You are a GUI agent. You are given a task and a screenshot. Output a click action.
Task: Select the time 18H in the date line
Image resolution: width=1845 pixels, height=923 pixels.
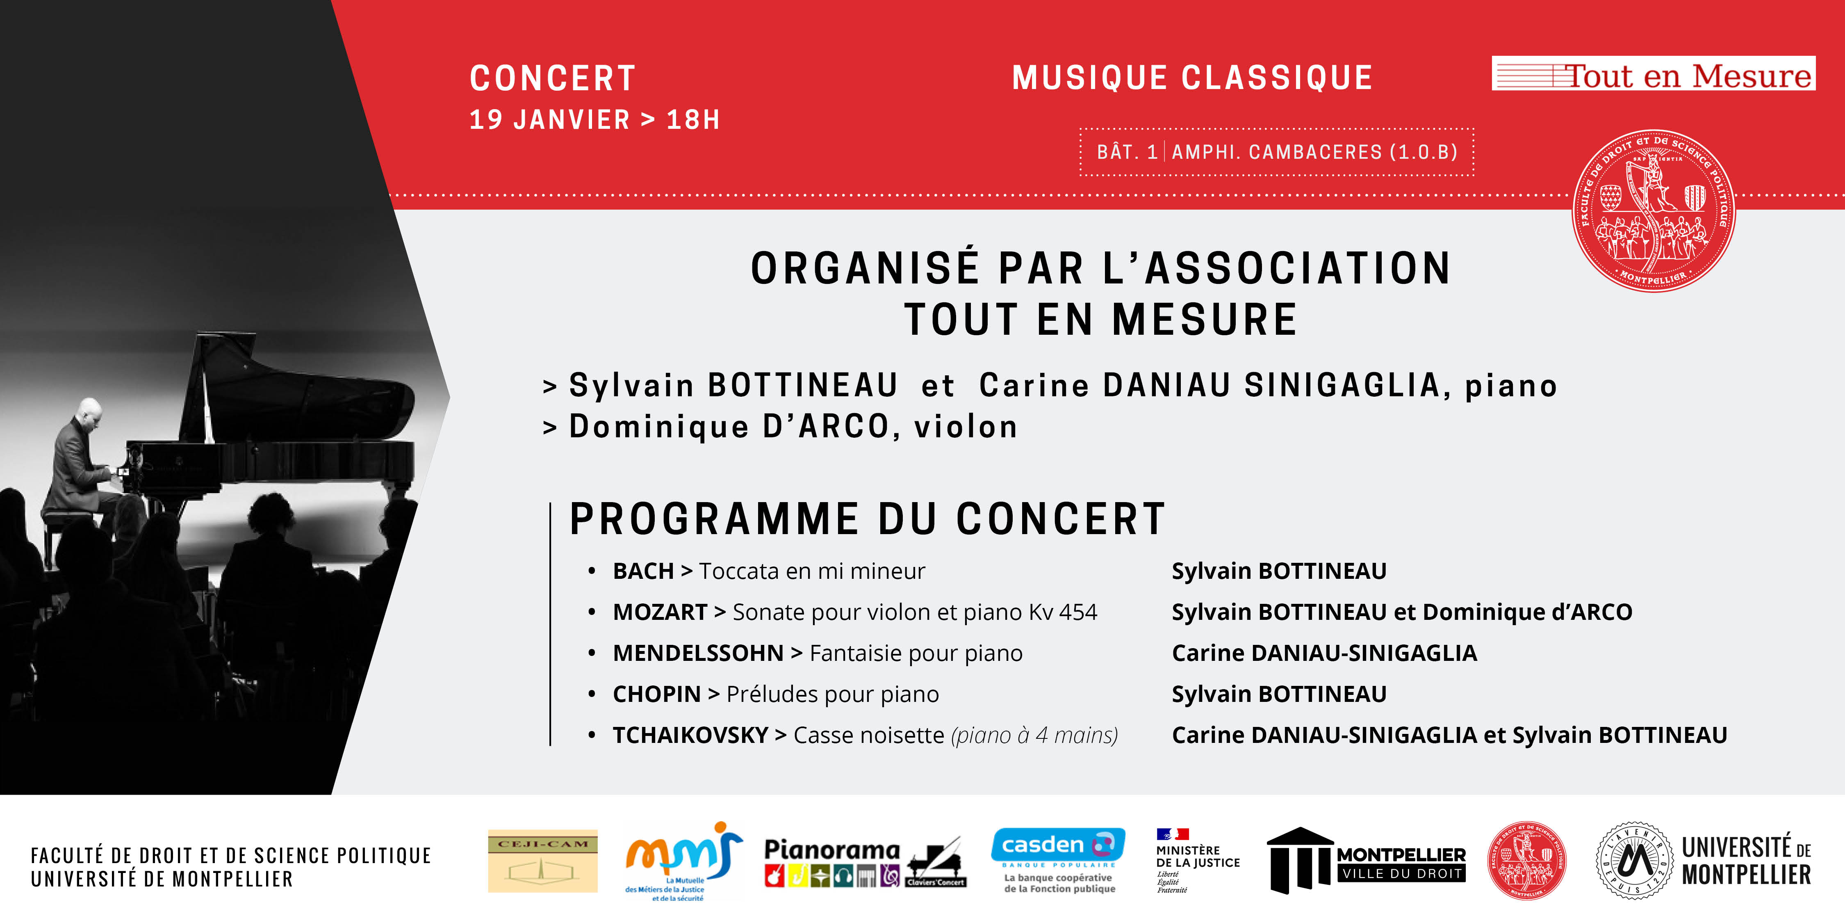pyautogui.click(x=692, y=120)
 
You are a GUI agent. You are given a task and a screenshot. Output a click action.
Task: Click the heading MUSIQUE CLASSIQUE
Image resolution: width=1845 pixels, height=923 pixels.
pyautogui.click(x=1192, y=78)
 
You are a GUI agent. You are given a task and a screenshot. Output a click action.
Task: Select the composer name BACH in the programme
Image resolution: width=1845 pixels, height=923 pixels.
pyautogui.click(x=642, y=571)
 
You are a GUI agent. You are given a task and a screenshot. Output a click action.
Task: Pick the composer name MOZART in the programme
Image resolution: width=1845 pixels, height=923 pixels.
pyautogui.click(x=660, y=612)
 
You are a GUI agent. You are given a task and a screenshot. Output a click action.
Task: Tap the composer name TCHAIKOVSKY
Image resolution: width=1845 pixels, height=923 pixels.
pyautogui.click(x=690, y=735)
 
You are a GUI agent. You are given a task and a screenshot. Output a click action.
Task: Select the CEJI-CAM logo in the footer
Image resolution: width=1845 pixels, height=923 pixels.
pyautogui.click(x=542, y=861)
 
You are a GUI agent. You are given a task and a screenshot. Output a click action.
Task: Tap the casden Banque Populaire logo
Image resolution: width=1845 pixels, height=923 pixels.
pyautogui.click(x=1058, y=860)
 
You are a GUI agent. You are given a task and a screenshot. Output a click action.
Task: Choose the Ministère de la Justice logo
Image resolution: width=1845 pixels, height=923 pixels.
pyautogui.click(x=1196, y=860)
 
